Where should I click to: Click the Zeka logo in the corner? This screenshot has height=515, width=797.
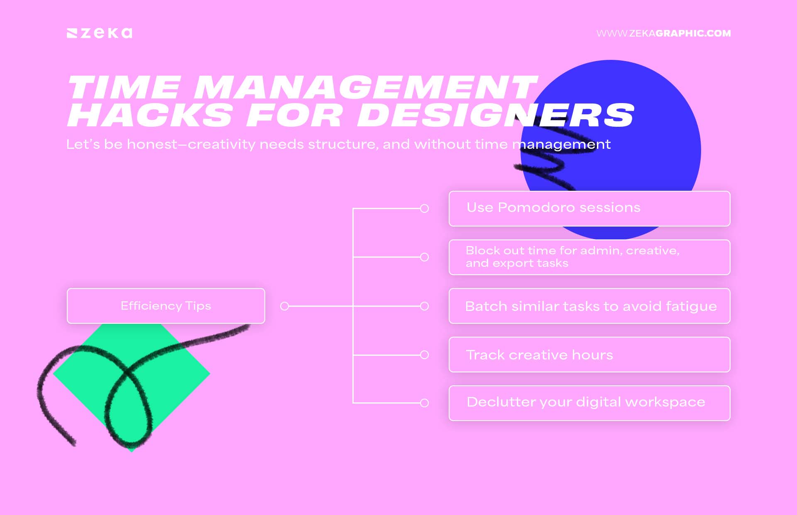click(x=100, y=33)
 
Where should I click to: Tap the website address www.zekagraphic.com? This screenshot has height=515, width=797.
click(x=663, y=33)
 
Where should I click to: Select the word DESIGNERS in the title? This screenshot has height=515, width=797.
click(x=496, y=115)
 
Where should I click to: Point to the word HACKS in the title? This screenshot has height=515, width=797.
click(x=149, y=115)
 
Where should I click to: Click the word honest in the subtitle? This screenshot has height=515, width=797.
click(x=152, y=144)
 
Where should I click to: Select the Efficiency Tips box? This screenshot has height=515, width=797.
click(x=166, y=306)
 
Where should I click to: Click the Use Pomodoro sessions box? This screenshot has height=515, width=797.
click(x=589, y=209)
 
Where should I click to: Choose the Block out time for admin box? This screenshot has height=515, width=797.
click(x=589, y=257)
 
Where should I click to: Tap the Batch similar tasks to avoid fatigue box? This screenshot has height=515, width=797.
click(x=589, y=306)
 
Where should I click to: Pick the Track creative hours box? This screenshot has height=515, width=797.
click(x=589, y=355)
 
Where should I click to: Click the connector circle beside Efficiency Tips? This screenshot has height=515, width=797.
click(x=284, y=306)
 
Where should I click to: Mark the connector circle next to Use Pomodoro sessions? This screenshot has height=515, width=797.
click(x=424, y=208)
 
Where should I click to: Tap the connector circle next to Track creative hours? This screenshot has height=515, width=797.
click(x=424, y=355)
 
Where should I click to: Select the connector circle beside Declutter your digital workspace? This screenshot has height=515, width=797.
click(x=424, y=403)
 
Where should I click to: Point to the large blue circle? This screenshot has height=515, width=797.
click(x=648, y=125)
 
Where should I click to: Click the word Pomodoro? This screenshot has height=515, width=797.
click(x=536, y=207)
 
